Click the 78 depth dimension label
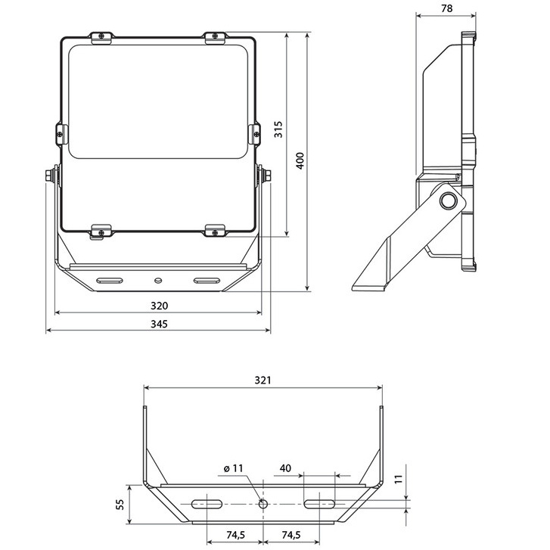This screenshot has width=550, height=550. pyautogui.click(x=446, y=8)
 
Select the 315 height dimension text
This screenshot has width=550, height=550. pyautogui.click(x=278, y=129)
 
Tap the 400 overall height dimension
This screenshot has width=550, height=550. pyautogui.click(x=300, y=160)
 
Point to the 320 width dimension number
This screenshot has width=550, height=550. pyautogui.click(x=159, y=306)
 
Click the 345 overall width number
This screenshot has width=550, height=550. pyautogui.click(x=159, y=324)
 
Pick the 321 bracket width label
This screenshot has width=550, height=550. pyautogui.click(x=263, y=381)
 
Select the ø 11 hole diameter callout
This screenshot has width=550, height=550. pyautogui.click(x=233, y=468)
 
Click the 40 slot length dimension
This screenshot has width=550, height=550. pyautogui.click(x=285, y=468)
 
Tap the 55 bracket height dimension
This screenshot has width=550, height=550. pyautogui.click(x=120, y=505)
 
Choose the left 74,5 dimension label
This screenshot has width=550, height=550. pyautogui.click(x=235, y=535)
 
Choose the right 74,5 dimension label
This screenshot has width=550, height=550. pyautogui.click(x=291, y=535)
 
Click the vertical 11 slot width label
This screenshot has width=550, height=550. pyautogui.click(x=398, y=480)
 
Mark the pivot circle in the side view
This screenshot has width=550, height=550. pyautogui.click(x=448, y=201)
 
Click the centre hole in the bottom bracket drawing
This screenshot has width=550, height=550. pyautogui.click(x=263, y=505)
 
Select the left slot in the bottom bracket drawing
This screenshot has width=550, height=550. pyautogui.click(x=207, y=505)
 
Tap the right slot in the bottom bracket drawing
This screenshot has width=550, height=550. pyautogui.click(x=319, y=505)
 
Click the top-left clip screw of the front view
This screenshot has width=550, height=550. pyautogui.click(x=101, y=36)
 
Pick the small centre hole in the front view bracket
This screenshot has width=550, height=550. pyautogui.click(x=158, y=280)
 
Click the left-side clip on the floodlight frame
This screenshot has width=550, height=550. pyautogui.click(x=62, y=134)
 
